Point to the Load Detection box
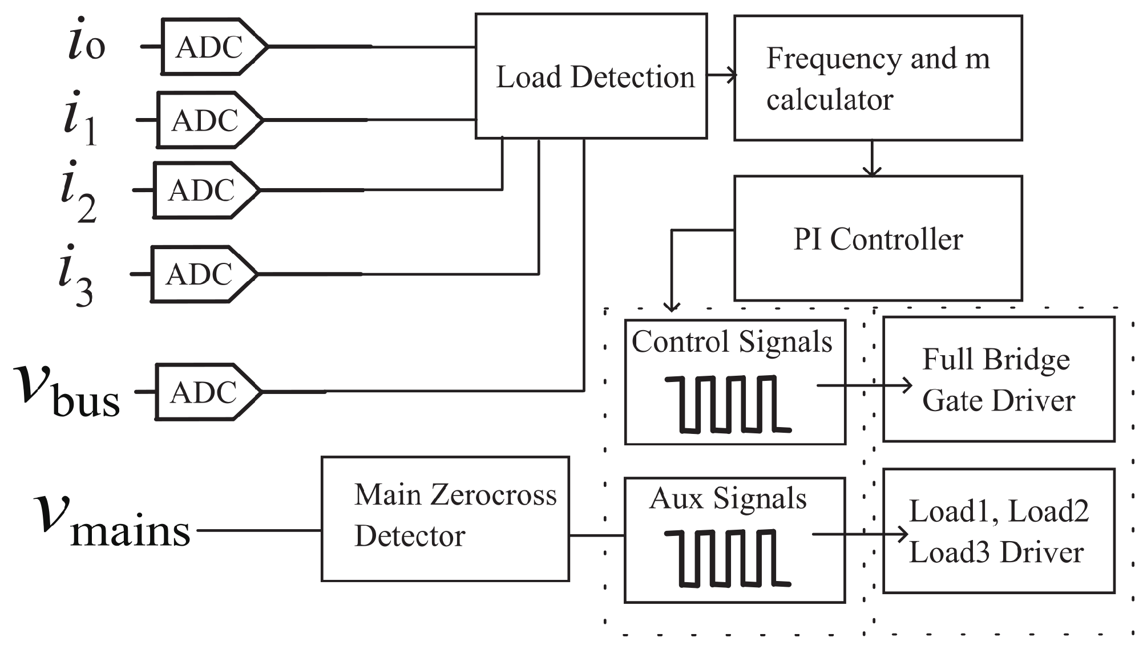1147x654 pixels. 591,76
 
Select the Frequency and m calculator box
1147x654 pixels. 878,78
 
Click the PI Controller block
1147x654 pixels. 878,238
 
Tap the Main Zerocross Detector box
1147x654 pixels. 445,519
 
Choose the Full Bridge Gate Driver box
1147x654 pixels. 999,379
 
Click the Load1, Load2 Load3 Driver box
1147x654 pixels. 999,531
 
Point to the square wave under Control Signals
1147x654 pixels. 728,404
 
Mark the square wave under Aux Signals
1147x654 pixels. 728,558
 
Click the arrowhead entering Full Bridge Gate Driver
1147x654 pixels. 906,385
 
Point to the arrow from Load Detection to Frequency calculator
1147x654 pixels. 721,75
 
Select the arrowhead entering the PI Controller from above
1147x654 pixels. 872,170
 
